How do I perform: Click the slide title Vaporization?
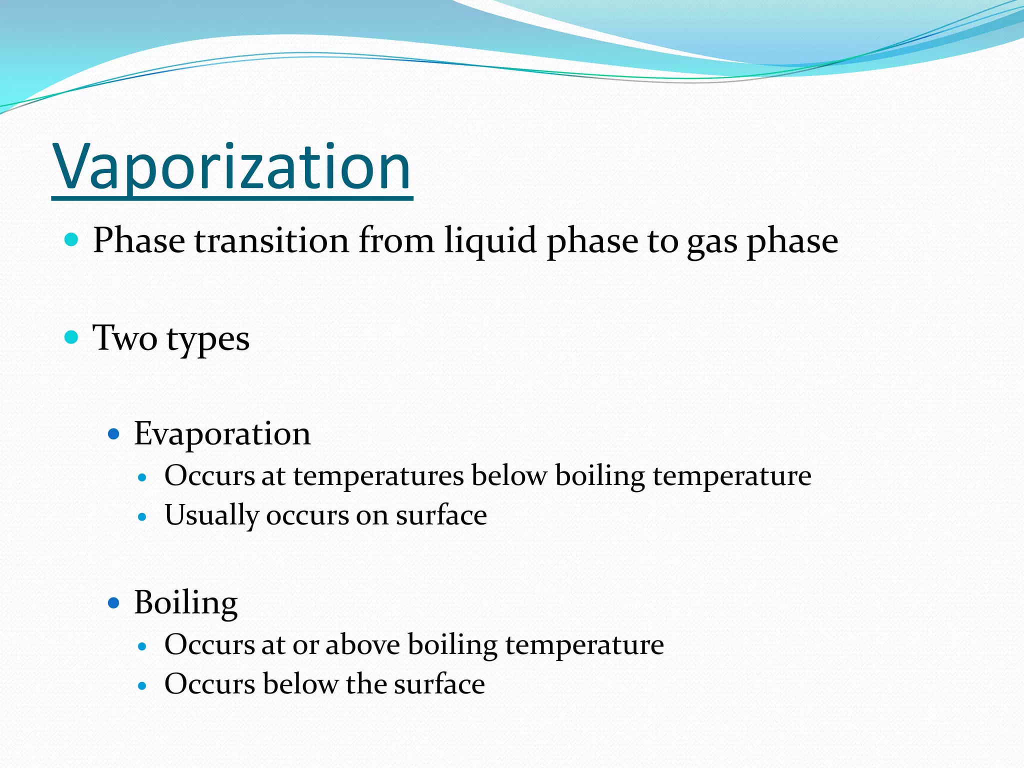pos(232,167)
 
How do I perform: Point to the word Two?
pos(124,338)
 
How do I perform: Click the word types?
pos(208,340)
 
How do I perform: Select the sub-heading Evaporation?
pos(222,433)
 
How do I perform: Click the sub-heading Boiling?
pos(185,602)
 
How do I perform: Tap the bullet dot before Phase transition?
pos(72,239)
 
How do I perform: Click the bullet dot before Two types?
pos(72,337)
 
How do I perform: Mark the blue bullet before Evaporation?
pos(114,433)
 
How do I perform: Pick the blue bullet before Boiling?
pos(114,603)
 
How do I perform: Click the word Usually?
pos(211,516)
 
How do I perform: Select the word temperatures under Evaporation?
pos(378,476)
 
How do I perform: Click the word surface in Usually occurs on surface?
pos(441,516)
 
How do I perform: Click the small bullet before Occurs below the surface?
pos(142,685)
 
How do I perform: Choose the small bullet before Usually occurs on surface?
pos(142,516)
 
